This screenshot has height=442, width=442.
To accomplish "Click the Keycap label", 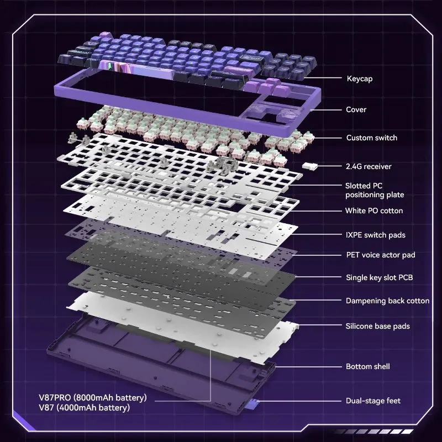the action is click(x=360, y=78).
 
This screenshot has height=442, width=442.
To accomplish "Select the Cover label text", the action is click(x=356, y=109).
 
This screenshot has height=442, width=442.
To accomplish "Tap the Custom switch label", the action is click(x=371, y=138).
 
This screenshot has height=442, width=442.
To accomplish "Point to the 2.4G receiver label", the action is click(x=369, y=166).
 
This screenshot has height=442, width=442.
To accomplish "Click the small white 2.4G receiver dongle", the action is click(x=310, y=166).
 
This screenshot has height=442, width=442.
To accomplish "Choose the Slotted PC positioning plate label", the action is click(x=375, y=190).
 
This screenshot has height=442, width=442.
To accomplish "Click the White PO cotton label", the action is click(x=374, y=211).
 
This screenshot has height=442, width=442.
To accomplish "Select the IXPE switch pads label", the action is click(x=376, y=235).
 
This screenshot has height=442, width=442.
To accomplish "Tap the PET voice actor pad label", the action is click(x=381, y=255).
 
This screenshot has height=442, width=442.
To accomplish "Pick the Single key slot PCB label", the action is click(x=380, y=277).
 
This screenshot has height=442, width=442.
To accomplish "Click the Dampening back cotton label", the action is click(x=388, y=301).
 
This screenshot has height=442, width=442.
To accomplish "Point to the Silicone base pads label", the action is click(x=378, y=326).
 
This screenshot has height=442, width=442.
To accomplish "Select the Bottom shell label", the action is click(x=368, y=366).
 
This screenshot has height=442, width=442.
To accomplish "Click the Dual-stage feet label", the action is click(x=373, y=401).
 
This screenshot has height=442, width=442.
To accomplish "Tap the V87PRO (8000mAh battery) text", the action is click(x=93, y=398).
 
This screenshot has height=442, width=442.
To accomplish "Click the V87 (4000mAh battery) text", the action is click(x=85, y=408).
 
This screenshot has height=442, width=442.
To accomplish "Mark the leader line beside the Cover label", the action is click(x=325, y=109).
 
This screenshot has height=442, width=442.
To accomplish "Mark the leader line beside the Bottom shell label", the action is click(x=308, y=367).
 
